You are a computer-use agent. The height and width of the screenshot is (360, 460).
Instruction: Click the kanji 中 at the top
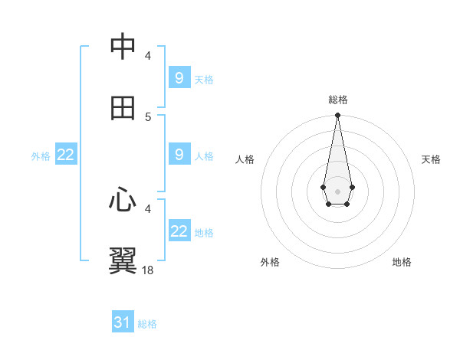(123, 47)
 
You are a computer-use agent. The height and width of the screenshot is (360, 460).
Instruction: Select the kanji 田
(123, 108)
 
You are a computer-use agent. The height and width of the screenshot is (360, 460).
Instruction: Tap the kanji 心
(123, 200)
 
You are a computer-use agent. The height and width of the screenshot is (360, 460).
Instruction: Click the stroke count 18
(147, 270)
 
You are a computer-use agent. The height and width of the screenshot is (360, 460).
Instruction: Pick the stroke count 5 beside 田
(148, 116)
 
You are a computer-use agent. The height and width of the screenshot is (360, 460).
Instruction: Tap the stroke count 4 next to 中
(148, 55)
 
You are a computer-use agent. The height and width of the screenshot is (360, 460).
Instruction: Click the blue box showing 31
(123, 322)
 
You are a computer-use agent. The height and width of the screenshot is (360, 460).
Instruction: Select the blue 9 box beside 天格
(179, 77)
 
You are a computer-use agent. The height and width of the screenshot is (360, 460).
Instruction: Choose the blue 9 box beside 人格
(179, 154)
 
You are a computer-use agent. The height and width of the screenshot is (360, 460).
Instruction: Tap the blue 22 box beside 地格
(179, 231)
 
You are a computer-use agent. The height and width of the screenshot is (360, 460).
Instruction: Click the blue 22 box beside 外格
(65, 155)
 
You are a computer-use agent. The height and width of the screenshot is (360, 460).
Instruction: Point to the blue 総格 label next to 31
(147, 324)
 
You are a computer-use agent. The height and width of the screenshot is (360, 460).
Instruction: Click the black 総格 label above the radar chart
(338, 100)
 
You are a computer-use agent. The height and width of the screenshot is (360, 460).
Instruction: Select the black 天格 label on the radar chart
(432, 159)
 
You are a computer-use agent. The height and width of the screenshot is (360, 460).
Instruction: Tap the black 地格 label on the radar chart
(402, 262)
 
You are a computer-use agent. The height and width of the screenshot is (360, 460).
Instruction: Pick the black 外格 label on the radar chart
(270, 262)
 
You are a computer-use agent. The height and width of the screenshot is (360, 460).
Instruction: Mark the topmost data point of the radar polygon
(337, 116)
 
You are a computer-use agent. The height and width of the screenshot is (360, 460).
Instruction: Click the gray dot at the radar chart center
(337, 190)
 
